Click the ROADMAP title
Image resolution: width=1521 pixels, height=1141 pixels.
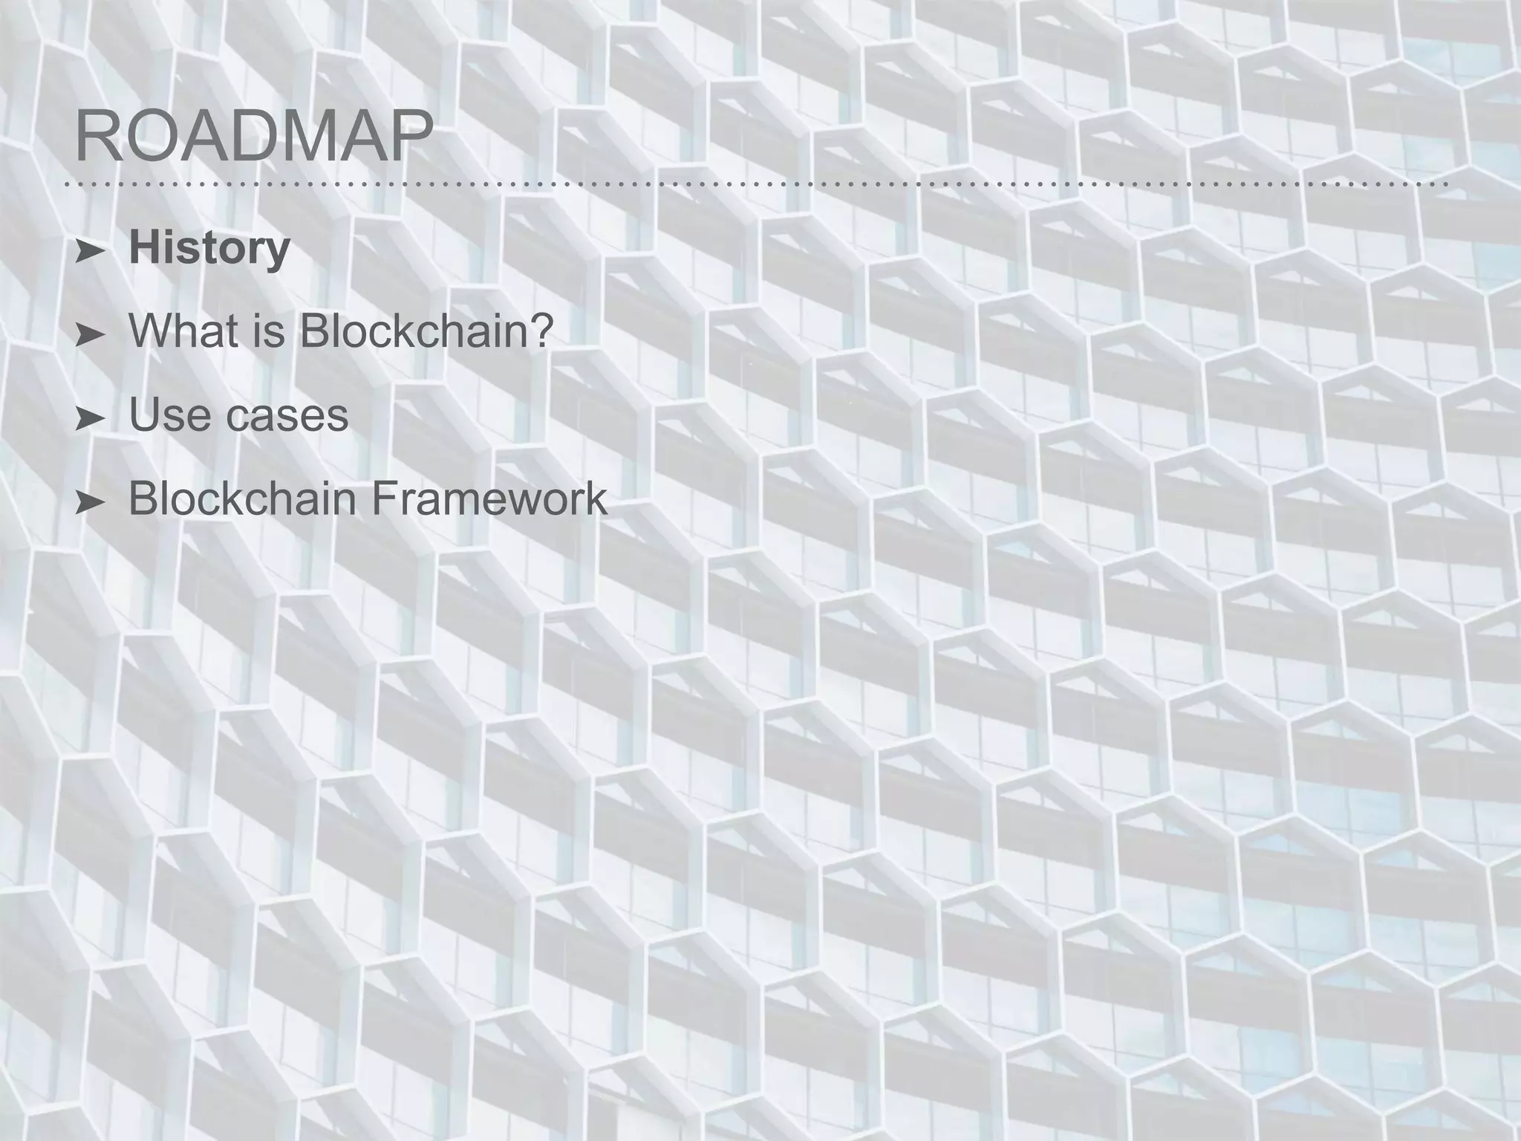tap(254, 136)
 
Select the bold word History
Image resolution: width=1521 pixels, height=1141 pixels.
tap(209, 249)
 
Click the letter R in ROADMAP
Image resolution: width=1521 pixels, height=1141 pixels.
tap(97, 136)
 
